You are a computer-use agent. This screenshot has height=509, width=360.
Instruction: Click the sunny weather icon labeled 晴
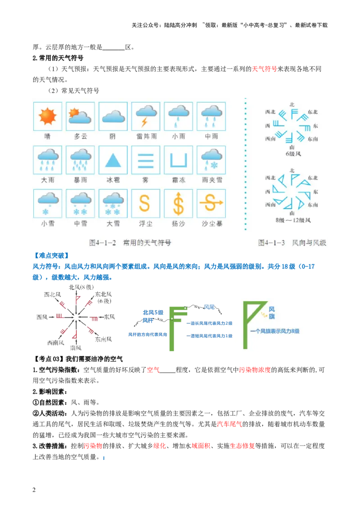coord(47,116)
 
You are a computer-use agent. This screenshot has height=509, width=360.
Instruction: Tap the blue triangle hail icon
coord(113,160)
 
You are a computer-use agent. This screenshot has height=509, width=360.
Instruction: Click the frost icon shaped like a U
coord(179,160)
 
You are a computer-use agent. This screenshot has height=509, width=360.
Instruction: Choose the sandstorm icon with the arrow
coord(211,204)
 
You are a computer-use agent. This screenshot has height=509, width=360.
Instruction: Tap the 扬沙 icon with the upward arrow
coord(179,204)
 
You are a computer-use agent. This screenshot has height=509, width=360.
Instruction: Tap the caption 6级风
coord(293,154)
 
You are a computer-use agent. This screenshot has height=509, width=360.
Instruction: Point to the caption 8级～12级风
coord(293,220)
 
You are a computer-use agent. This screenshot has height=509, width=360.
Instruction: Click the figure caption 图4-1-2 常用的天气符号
coord(130,243)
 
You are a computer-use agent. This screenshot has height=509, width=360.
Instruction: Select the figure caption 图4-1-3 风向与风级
coord(292,243)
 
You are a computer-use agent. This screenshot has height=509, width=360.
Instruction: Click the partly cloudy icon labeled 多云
coord(81,116)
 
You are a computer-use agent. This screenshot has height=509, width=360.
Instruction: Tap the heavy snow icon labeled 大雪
coord(113,204)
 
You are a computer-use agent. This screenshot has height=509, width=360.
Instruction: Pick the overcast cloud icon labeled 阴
coord(113,116)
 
